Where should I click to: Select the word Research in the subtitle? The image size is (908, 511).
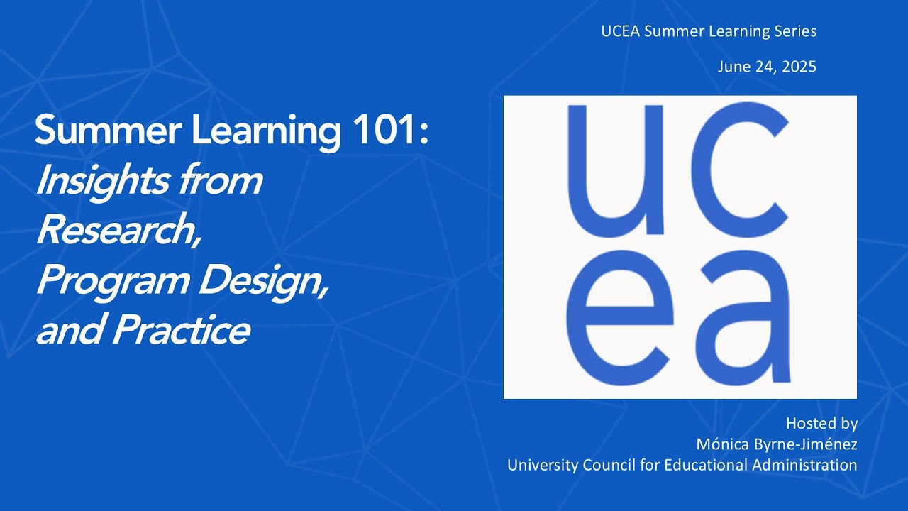pyautogui.click(x=116, y=231)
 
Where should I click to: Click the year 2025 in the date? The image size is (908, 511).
pyautogui.click(x=797, y=67)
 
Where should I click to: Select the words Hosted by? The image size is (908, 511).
pyautogui.click(x=821, y=424)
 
